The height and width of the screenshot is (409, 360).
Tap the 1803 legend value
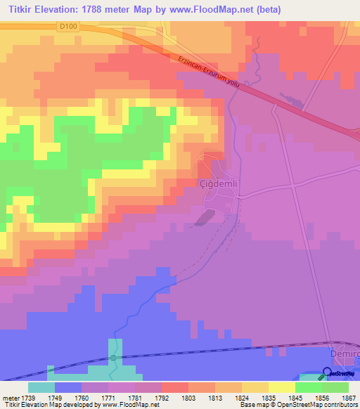coord(188,397)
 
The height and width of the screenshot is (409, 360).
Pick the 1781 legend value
coord(134,397)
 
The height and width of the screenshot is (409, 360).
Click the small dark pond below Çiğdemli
coord(202,219)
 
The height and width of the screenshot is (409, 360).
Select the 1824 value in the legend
coord(241,397)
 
